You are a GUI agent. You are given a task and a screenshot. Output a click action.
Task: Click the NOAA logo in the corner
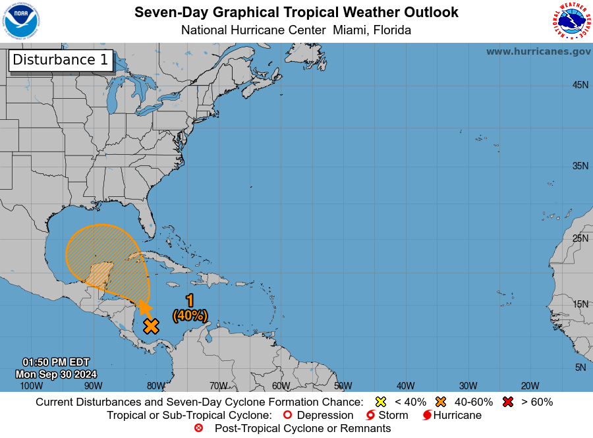click(21, 21)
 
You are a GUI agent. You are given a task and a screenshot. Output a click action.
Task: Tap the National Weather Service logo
click(571, 21)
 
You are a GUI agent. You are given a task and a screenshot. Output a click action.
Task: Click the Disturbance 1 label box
click(61, 60)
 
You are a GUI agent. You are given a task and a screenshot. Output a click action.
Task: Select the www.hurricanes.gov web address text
click(538, 51)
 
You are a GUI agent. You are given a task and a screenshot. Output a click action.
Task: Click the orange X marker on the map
click(152, 326)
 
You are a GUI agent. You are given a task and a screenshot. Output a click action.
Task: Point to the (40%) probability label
click(190, 315)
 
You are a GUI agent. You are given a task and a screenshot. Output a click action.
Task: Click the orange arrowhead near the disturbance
click(144, 307)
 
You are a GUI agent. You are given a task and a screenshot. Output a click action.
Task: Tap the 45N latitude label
click(580, 85)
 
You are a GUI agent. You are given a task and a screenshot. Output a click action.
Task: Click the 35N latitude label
click(580, 166)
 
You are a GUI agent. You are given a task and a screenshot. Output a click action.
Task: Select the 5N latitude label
click(580, 368)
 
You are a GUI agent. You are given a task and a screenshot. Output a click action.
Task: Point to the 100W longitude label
click(31, 386)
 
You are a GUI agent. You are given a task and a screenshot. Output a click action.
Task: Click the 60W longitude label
click(281, 386)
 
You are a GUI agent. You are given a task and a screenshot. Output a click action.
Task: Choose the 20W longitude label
click(530, 386)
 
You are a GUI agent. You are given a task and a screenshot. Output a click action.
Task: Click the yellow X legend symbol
click(380, 402)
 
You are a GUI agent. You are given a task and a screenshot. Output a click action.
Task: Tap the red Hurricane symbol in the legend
click(427, 415)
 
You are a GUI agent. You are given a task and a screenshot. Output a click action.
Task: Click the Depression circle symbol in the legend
click(287, 415)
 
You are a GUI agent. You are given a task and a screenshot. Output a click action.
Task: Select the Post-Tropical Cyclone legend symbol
click(199, 428)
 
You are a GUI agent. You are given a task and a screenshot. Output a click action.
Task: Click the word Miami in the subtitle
click(351, 30)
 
